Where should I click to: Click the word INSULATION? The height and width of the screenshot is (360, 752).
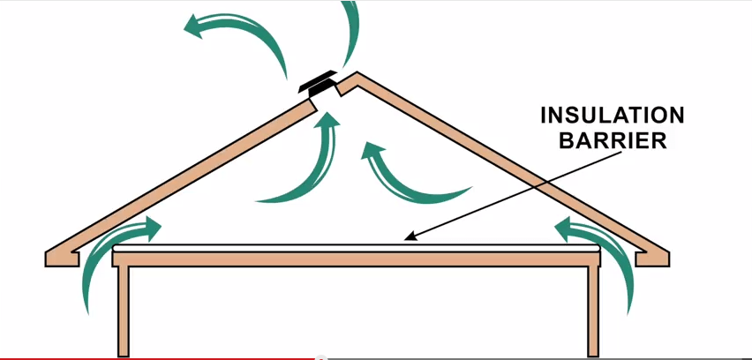click(x=611, y=116)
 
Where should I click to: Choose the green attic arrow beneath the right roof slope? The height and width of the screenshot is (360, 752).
click(x=406, y=172)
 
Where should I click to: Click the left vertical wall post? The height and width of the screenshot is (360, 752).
click(x=125, y=309)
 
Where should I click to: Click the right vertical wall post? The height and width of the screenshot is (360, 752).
click(x=593, y=309)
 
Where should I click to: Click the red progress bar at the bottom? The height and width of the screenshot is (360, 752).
click(x=159, y=357)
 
